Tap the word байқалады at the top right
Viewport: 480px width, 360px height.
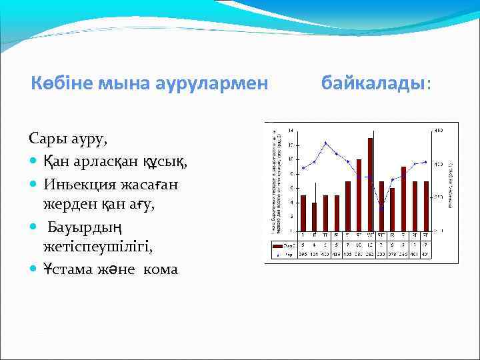373,84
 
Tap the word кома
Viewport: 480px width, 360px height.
158,269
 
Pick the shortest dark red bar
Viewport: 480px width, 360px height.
314,217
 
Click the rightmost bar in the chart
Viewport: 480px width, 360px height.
426,206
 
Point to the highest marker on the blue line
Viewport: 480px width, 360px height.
325,143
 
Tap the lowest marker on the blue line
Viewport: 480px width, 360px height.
381,207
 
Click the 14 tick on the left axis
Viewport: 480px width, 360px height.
290,130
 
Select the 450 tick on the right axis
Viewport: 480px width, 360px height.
439,130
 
